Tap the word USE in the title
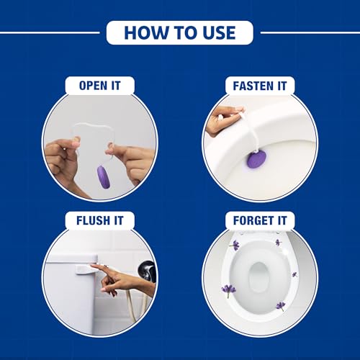pyautogui.click(x=219, y=32)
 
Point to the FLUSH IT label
pyautogui.click(x=99, y=221)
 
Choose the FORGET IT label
pyautogui.click(x=259, y=221)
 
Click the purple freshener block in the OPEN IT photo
pyautogui.click(x=104, y=176)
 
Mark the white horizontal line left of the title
pyautogui.click(x=50, y=32)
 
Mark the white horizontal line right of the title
pyautogui.click(x=310, y=32)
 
